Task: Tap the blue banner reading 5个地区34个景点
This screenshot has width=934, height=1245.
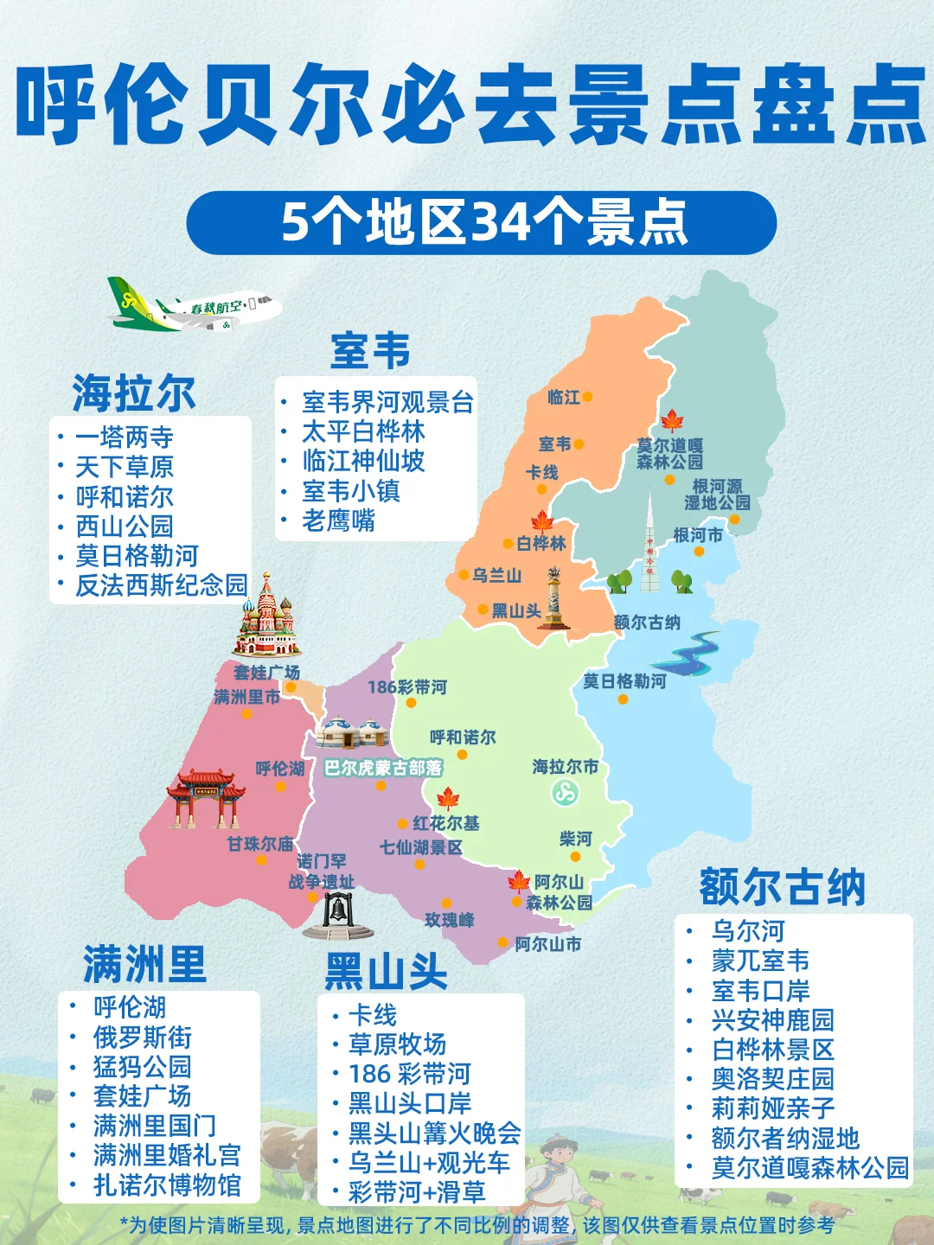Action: pos(482,223)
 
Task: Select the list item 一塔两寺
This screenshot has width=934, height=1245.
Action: pos(124,437)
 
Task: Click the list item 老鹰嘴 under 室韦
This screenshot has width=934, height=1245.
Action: pos(338,520)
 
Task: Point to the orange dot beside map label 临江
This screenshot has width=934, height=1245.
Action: pos(588,397)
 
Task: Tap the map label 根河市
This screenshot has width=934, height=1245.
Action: pos(698,535)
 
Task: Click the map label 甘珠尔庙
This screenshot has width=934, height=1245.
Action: pos(259,844)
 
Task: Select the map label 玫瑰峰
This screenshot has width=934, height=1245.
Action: pos(449,920)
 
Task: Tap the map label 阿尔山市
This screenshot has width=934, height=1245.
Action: pos(547,944)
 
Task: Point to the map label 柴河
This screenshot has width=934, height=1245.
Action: pos(575,839)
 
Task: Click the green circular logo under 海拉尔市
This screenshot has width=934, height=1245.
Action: pos(566,791)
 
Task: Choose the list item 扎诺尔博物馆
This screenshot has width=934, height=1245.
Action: pos(167,1184)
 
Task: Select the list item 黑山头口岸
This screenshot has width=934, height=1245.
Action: pos(410,1103)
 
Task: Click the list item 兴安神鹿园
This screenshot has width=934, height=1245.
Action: pos(772,1020)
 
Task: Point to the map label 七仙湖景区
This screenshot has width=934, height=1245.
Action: pos(420,847)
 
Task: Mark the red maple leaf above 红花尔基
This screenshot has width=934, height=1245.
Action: pos(448,798)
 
